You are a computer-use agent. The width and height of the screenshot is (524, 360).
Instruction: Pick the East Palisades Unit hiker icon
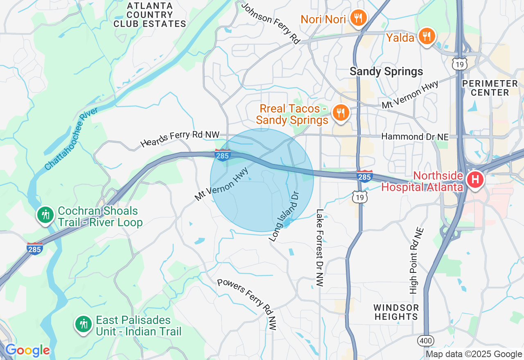83,324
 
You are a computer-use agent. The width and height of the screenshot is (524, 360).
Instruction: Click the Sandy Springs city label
386,72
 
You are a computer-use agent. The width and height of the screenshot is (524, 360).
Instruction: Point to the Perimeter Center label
489,88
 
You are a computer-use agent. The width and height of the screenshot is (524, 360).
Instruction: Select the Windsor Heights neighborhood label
396,312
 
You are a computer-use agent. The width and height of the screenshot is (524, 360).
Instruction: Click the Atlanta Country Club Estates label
150,15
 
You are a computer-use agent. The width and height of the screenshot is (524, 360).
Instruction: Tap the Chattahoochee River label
71,139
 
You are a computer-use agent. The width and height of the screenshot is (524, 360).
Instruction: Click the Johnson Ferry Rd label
271,23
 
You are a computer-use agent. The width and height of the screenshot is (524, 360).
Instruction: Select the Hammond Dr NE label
415,137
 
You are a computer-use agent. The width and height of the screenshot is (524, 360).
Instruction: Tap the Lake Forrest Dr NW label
320,248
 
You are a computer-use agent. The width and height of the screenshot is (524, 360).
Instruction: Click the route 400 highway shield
426,341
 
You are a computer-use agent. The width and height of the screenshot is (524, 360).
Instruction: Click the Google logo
27,350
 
